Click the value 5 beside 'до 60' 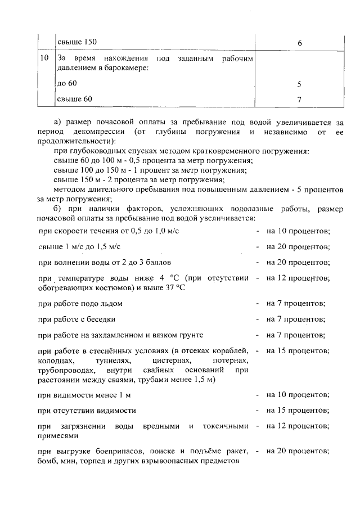(x=299, y=84)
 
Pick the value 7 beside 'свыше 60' (x=299, y=100)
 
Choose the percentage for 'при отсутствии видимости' (x=298, y=411)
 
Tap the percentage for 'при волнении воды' (x=298, y=262)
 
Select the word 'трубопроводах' (x=64, y=371)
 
